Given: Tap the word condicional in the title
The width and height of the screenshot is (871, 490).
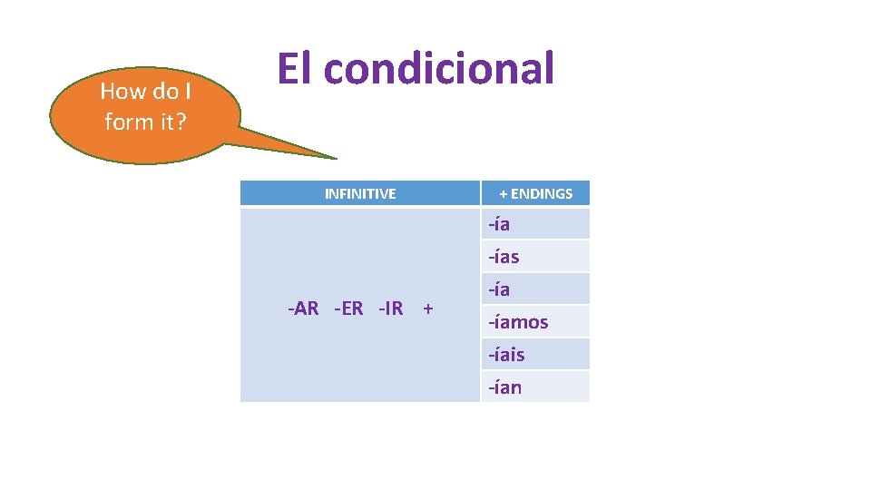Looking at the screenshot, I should (x=438, y=68).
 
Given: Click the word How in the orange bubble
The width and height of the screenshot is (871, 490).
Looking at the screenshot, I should (x=122, y=91).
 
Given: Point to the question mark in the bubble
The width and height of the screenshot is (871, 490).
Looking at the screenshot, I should (x=180, y=122).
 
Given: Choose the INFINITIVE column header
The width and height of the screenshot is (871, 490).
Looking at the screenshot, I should (x=360, y=193).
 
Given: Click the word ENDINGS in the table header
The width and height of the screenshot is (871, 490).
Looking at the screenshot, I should (x=542, y=193).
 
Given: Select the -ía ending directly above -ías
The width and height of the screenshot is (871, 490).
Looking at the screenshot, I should (x=499, y=224).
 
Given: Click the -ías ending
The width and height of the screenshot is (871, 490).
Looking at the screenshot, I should (x=504, y=257).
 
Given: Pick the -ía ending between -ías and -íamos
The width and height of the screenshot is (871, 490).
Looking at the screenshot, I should (x=499, y=289).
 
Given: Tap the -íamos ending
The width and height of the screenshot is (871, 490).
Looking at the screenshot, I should (x=518, y=322).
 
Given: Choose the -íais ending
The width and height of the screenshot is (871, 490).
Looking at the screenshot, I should (x=506, y=355).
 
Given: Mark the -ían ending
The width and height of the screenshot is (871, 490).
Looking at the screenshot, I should (x=504, y=387).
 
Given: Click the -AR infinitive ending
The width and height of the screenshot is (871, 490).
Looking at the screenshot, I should (x=303, y=309).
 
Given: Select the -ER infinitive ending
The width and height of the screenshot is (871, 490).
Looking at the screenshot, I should (x=348, y=309).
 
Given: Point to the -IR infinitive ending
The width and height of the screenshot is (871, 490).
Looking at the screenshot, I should (x=390, y=309).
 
